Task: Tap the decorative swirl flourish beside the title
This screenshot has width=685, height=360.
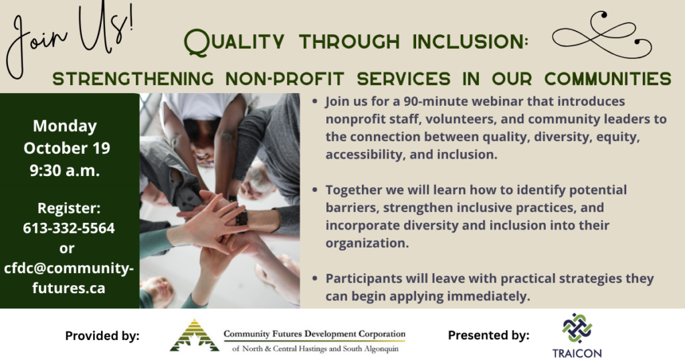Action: [601, 35]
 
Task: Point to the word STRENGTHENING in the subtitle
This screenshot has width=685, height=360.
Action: [133, 79]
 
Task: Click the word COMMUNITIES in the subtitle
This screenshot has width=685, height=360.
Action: [607, 79]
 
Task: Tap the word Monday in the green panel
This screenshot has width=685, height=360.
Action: [65, 126]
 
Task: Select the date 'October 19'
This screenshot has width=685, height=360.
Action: [67, 148]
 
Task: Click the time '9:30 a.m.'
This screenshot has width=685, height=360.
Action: [65, 171]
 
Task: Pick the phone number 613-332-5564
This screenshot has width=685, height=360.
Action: [69, 228]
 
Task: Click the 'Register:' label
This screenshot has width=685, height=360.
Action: [69, 208]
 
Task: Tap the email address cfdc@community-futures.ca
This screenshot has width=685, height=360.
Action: [69, 278]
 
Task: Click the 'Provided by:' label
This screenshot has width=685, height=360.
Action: [102, 335]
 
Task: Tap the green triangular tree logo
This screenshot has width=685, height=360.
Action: [195, 335]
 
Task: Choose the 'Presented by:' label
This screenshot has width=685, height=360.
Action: [488, 335]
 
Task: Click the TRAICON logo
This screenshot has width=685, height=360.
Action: [577, 335]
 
